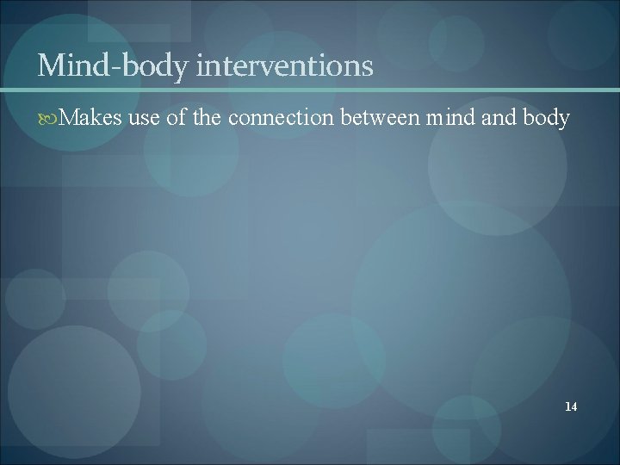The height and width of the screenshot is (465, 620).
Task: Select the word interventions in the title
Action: tap(285, 65)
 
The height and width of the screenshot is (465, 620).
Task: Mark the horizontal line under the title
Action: tap(310, 90)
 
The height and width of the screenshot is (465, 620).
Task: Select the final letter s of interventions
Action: tap(368, 67)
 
